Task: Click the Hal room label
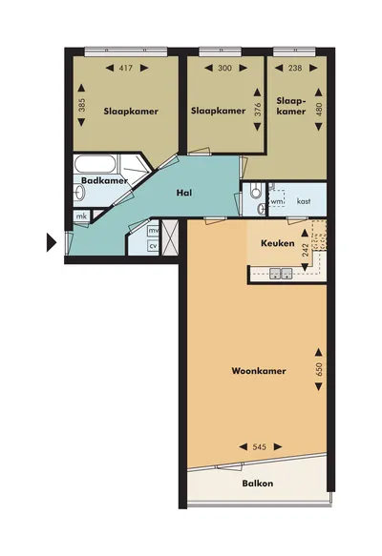pyautogui.click(x=184, y=193)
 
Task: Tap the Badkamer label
pyautogui.click(x=104, y=180)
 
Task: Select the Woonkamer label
pyautogui.click(x=259, y=371)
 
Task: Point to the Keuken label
pyautogui.click(x=278, y=243)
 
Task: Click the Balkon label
pyautogui.click(x=258, y=484)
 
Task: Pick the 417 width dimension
pyautogui.click(x=126, y=68)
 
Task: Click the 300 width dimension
pyautogui.click(x=224, y=68)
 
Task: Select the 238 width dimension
pyautogui.click(x=295, y=68)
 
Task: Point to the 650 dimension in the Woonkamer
pyautogui.click(x=318, y=369)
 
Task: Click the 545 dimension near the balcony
pyautogui.click(x=260, y=447)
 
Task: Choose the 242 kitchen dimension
pyautogui.click(x=305, y=250)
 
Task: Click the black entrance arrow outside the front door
pyautogui.click(x=52, y=242)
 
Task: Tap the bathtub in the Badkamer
pyautogui.click(x=95, y=164)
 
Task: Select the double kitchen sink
pyautogui.click(x=281, y=274)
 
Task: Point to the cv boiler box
pyautogui.click(x=153, y=246)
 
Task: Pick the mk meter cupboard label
pyautogui.click(x=82, y=216)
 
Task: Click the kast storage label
pyautogui.click(x=304, y=201)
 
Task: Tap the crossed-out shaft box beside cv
pyautogui.click(x=170, y=237)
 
